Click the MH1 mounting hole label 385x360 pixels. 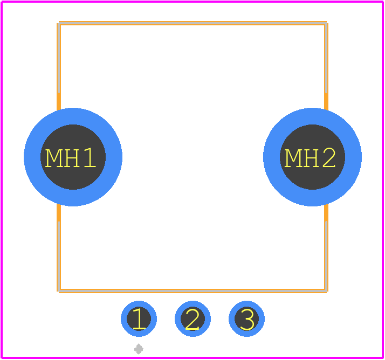point(71,158)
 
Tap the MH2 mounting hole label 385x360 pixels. point(310,158)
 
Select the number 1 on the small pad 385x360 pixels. point(139,319)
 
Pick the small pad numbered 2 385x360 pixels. point(192,319)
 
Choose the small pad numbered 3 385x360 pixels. point(246,319)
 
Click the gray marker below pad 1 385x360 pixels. point(139,349)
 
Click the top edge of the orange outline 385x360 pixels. point(192,23)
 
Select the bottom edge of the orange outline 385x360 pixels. point(192,291)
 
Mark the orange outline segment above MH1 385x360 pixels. point(59,66)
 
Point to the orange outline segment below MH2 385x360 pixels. point(326,248)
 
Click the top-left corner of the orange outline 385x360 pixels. point(59,23)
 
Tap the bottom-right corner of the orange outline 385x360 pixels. point(326,291)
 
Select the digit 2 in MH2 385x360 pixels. point(329,158)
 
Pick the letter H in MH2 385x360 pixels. point(311,158)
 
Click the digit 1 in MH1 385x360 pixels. point(90,158)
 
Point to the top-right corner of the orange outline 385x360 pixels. point(326,23)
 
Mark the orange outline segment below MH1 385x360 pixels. point(59,248)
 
